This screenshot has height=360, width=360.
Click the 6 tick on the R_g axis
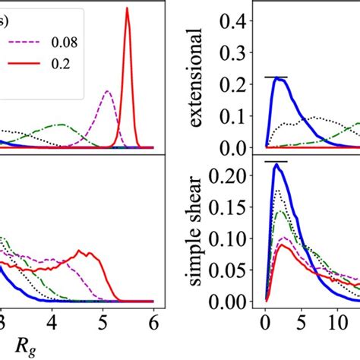point(154,322)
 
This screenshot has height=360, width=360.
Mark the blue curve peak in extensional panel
point(276,78)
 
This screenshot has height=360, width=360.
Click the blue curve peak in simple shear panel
point(276,164)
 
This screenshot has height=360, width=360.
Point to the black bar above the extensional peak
point(276,77)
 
